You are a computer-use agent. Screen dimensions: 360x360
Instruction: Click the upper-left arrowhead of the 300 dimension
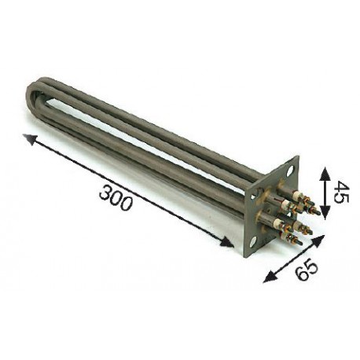pos(29,139)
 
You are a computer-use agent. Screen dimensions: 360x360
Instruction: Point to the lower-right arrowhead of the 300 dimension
pos(227,242)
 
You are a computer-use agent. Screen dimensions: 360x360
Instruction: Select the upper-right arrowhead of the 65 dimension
pos(318,241)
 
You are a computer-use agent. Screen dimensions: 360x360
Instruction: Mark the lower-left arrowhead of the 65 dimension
pos(270,277)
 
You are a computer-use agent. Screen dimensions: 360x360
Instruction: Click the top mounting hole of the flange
pos(290,171)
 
